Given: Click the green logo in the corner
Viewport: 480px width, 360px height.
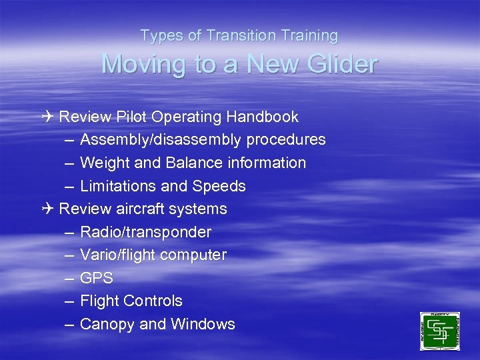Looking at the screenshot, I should pos(439,331).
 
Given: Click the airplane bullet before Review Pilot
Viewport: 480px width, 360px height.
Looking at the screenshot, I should pos(45,117).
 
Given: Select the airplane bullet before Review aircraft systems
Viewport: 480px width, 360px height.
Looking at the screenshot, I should pos(45,209).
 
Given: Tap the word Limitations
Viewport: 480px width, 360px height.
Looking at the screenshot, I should pos(121,186).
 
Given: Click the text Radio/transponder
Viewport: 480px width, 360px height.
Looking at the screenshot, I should pos(145,232).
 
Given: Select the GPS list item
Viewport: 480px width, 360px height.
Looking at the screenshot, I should pos(97,278).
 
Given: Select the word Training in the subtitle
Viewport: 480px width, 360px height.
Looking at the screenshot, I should pos(309,35).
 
